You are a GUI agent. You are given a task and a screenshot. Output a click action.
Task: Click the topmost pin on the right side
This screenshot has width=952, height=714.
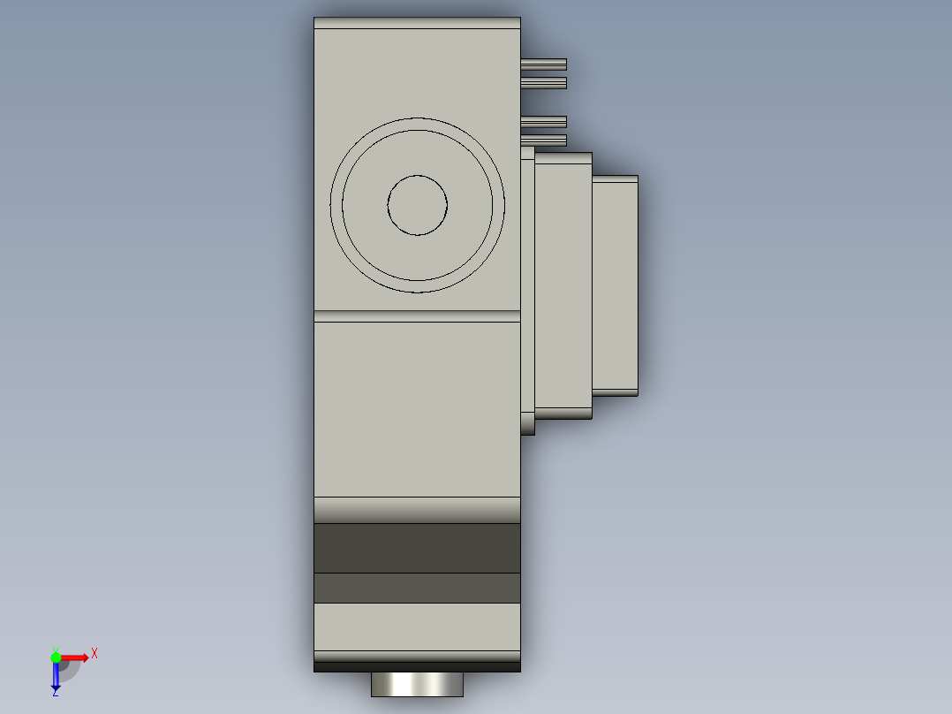[x=543, y=65]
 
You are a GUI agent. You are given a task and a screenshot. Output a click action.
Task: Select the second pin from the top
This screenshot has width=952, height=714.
[x=543, y=83]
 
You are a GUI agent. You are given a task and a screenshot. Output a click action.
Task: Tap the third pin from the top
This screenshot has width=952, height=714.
[x=543, y=122]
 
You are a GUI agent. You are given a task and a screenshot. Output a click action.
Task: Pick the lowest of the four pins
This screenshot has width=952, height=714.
[x=543, y=141]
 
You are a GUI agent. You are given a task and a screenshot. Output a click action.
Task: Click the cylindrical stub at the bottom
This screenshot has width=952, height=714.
[x=417, y=684]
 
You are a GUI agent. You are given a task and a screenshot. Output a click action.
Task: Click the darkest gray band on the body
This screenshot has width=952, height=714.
[x=417, y=548]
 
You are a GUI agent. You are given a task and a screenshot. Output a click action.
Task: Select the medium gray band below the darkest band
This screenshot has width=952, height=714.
[x=417, y=589]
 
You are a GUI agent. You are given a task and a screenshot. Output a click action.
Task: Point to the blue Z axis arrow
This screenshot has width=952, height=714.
[x=56, y=676]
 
